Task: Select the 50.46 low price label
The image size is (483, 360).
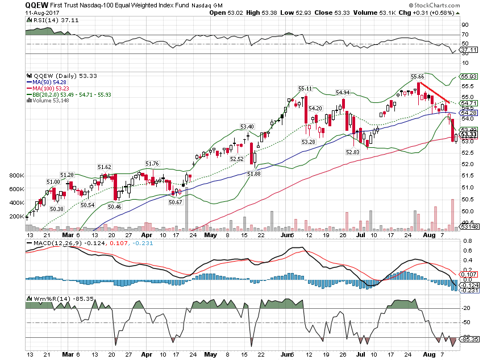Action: [x=115, y=207]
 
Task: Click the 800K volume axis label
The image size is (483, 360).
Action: [x=16, y=176]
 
